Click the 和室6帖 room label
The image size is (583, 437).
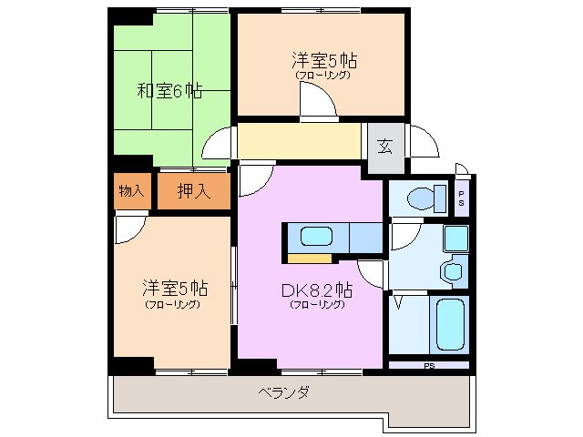169,91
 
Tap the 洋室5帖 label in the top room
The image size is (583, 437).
323,61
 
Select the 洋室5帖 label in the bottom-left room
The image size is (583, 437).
174,289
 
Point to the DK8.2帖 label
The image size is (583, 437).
317,290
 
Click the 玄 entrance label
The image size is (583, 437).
385,145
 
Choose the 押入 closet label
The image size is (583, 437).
193,191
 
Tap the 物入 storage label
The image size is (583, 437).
131,191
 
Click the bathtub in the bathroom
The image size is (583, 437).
451,325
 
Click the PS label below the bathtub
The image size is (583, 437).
428,366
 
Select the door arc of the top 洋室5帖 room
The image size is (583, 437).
319,107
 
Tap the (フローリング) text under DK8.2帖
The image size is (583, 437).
317,305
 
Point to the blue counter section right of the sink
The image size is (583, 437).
365,236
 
